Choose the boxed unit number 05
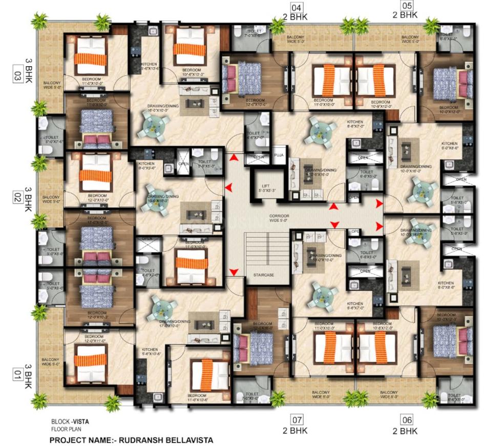[406, 6]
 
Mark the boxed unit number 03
[17, 77]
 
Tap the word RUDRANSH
[135, 440]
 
